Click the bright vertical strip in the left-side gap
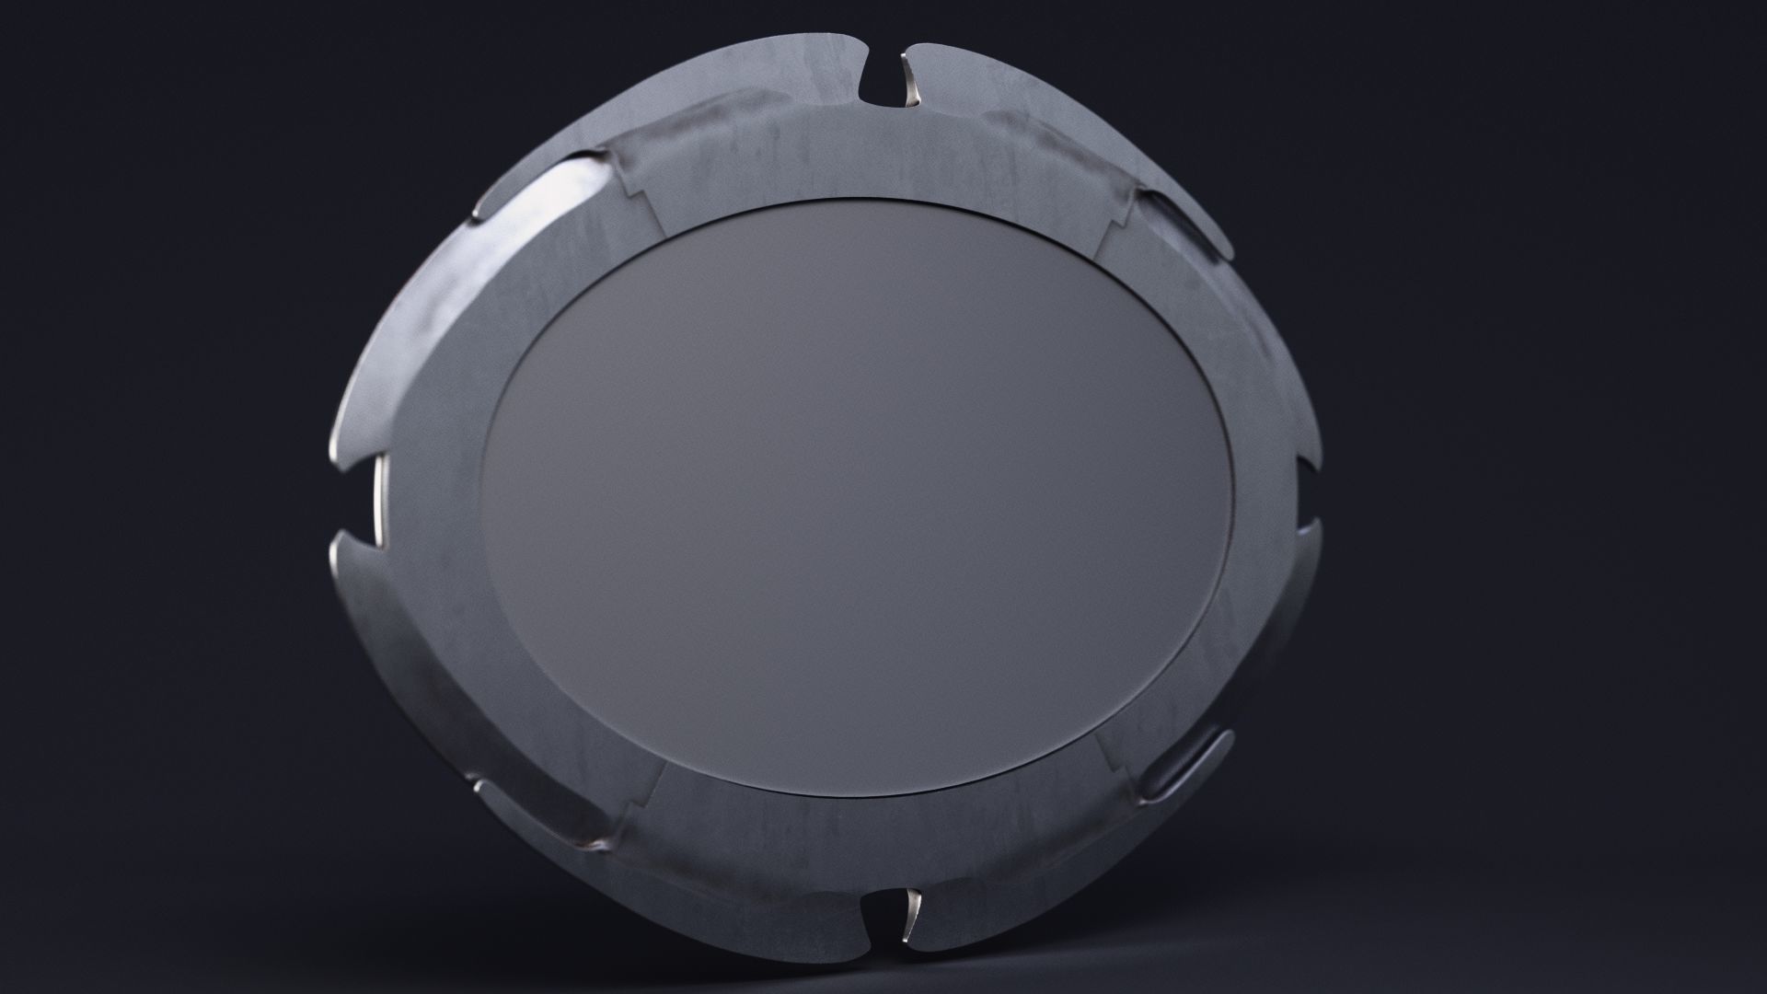(x=379, y=497)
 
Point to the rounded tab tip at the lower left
(x=480, y=786)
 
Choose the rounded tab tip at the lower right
(x=1224, y=737)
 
